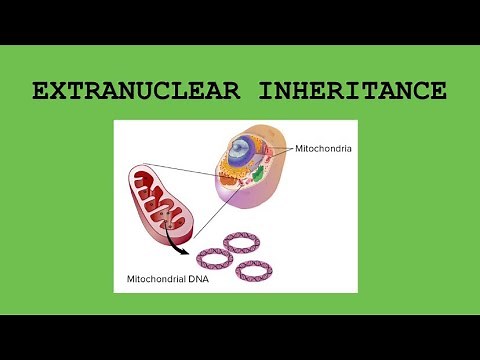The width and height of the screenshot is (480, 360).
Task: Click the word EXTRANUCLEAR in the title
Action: (133, 92)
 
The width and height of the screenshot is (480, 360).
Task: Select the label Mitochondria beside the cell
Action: (324, 148)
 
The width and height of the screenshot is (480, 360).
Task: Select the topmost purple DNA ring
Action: (241, 242)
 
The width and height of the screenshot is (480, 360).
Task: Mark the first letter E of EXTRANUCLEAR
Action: (41, 92)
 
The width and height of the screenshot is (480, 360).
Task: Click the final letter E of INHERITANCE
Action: (438, 92)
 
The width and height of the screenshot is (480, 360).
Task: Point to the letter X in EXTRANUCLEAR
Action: (58, 92)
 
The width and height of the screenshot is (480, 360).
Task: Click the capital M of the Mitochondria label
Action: (298, 148)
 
